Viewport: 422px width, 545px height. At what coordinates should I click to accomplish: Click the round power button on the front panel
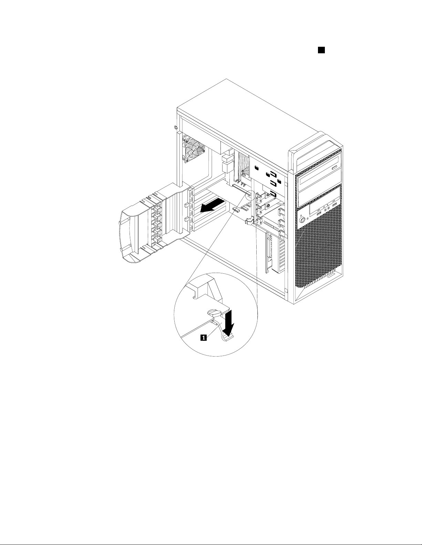(302, 219)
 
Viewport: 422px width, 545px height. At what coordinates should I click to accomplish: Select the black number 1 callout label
(204, 338)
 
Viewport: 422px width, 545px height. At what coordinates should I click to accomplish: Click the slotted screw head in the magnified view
(214, 313)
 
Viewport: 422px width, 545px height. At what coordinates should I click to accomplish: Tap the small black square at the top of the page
(321, 50)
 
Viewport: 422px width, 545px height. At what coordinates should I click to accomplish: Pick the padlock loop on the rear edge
(175, 127)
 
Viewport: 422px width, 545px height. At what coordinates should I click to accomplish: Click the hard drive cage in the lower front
(276, 251)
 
